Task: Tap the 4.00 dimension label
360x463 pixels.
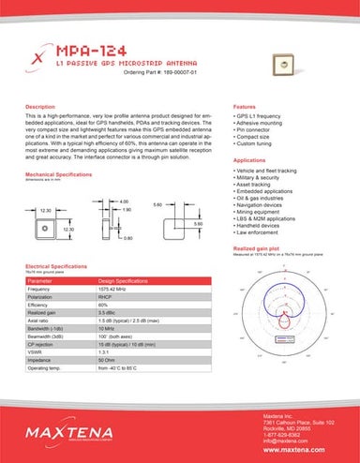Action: [123, 201]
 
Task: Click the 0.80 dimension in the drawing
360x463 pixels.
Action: [128, 238]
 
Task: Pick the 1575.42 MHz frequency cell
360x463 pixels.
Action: [120, 290]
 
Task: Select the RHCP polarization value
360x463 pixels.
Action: [108, 297]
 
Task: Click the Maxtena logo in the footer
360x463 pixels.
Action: [67, 432]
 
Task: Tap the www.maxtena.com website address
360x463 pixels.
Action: [300, 449]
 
